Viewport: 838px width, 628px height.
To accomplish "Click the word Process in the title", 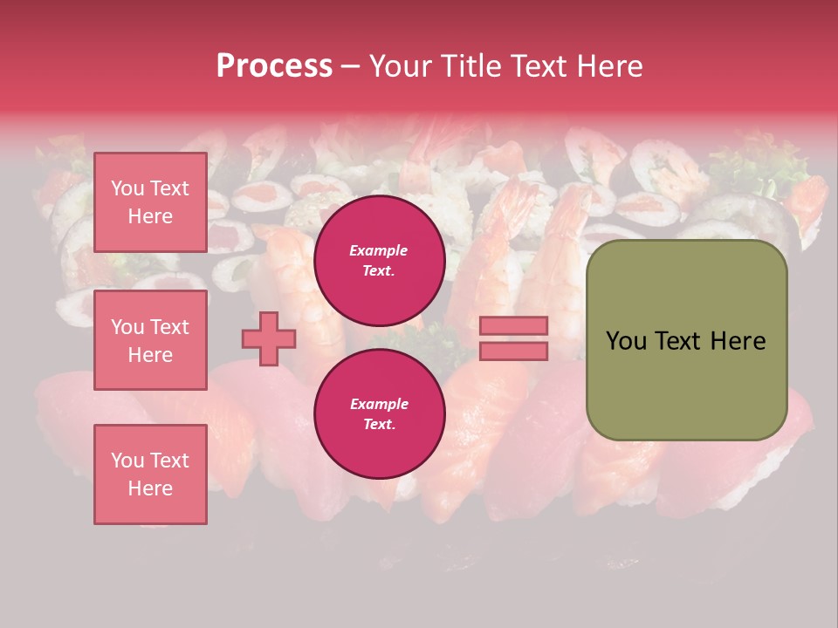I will point(274,66).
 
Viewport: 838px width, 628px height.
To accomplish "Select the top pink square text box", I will point(150,202).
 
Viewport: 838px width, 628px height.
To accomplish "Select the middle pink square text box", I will point(150,340).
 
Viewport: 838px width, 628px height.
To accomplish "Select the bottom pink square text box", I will point(150,474).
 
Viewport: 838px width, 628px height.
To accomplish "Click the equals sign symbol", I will point(514,338).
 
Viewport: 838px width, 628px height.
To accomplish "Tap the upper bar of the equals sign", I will point(514,326).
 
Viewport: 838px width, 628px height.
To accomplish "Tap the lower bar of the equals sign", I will point(514,351).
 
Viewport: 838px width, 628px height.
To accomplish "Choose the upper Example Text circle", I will point(380,261).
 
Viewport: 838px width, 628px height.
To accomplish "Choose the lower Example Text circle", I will point(380,414).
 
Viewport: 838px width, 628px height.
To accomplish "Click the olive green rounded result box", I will point(686,340).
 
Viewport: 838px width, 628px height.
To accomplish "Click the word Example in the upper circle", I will point(379,251).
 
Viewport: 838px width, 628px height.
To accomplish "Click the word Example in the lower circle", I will point(379,405).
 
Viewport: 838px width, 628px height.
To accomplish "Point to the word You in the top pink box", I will point(127,188).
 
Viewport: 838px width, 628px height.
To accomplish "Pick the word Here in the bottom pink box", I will point(150,488).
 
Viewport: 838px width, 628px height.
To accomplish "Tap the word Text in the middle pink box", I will point(169,327).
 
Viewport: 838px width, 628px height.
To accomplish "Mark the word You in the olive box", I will point(626,341).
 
